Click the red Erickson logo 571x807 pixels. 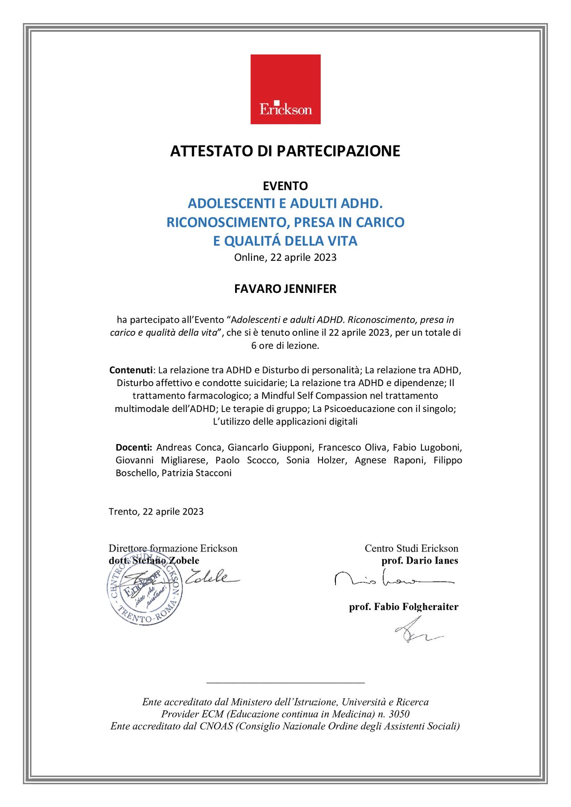(285, 89)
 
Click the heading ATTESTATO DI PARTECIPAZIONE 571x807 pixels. (285, 151)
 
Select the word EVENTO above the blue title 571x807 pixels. (285, 186)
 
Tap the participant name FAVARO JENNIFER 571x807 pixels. (285, 289)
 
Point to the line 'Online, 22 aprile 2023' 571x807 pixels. (285, 257)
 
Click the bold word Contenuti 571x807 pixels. (131, 370)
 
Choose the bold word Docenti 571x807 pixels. (134, 447)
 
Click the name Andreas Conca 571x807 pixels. (189, 447)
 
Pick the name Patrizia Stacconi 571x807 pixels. (196, 473)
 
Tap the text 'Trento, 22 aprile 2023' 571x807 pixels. (156, 511)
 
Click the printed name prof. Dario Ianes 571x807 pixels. (419, 561)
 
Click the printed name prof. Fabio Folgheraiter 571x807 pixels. (404, 607)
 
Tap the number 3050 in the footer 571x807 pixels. (399, 714)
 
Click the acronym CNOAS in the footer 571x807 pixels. (216, 726)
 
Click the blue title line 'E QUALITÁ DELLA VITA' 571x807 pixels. (285, 241)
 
